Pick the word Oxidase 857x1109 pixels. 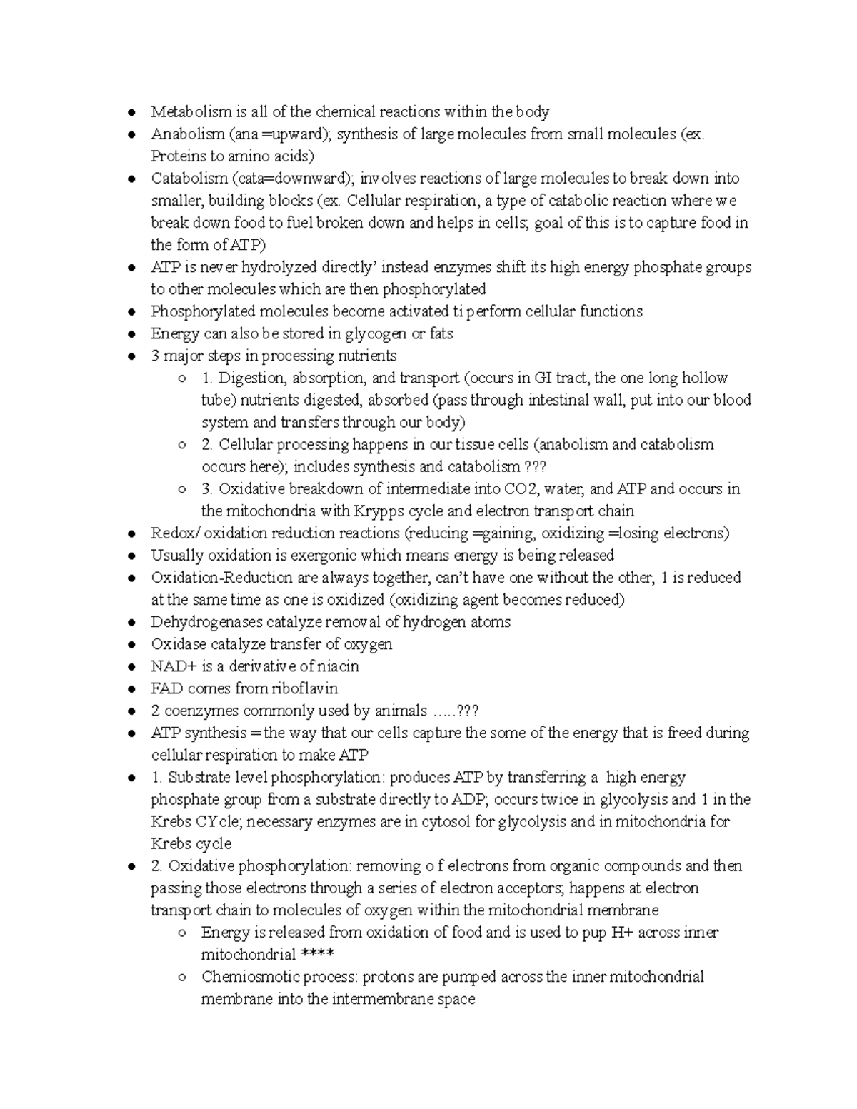pyautogui.click(x=177, y=644)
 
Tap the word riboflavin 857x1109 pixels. pyautogui.click(x=304, y=688)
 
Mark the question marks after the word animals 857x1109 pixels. pyautogui.click(x=467, y=711)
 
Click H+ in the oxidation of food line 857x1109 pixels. pyautogui.click(x=618, y=933)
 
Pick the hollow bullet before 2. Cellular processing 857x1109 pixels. pyautogui.click(x=182, y=445)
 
